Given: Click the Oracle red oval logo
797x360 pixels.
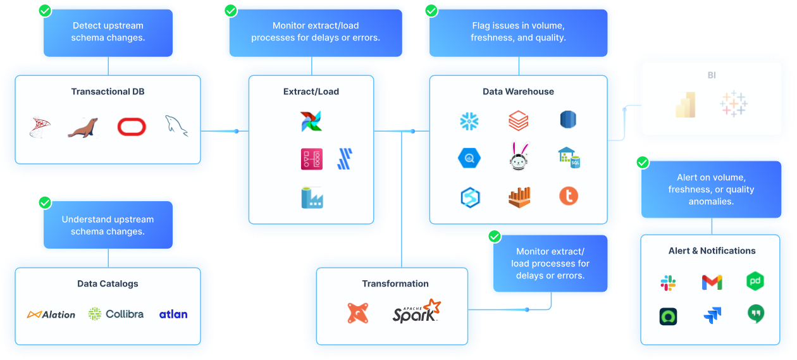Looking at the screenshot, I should point(132,127).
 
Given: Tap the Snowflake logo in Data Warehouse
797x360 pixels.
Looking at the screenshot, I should point(469,120).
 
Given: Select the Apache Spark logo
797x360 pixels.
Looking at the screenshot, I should point(416,312).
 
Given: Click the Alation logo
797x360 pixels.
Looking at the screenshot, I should point(51,314).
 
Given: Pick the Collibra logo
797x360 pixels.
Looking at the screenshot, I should point(116,314).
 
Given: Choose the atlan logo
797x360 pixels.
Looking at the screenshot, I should point(173,314).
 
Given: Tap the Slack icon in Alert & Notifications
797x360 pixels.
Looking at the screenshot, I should point(668,283).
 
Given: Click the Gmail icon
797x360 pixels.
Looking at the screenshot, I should point(712,282).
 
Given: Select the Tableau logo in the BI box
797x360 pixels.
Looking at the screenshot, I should point(733,104).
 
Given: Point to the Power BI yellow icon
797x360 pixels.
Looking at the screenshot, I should point(686,105).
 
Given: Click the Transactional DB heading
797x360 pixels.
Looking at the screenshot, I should point(108,92).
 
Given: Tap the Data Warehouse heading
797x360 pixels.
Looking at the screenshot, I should point(518,92).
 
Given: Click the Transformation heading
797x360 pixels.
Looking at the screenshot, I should point(395,284).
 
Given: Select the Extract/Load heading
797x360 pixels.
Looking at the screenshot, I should point(311,92).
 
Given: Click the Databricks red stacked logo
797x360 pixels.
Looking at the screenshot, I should point(518,120).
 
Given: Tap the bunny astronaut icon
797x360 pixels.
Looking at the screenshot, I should point(518,157).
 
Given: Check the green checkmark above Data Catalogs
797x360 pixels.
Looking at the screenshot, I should point(45,202).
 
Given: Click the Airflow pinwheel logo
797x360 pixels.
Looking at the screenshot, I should point(311,121).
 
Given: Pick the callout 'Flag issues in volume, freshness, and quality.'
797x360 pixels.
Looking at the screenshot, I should point(518,32).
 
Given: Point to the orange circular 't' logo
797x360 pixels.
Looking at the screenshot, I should point(569,196).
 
